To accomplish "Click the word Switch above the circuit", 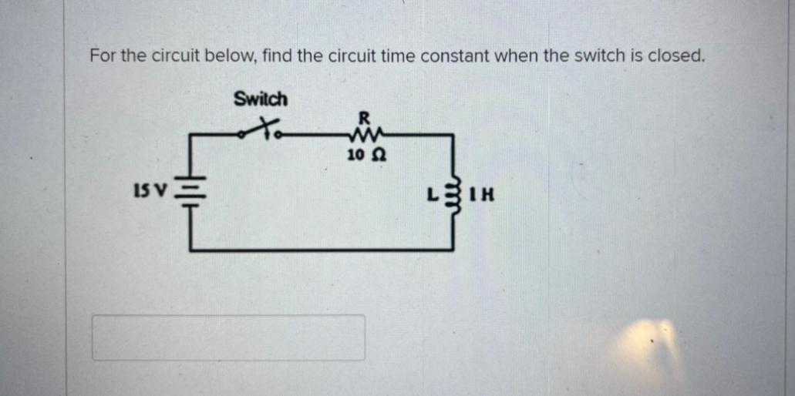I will tap(261, 99).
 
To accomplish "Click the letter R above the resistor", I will tap(365, 118).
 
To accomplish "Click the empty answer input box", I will tap(228, 337).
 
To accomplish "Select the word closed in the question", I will tap(679, 56).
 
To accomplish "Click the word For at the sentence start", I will tap(102, 56).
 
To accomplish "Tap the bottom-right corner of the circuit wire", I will tap(452, 248).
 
